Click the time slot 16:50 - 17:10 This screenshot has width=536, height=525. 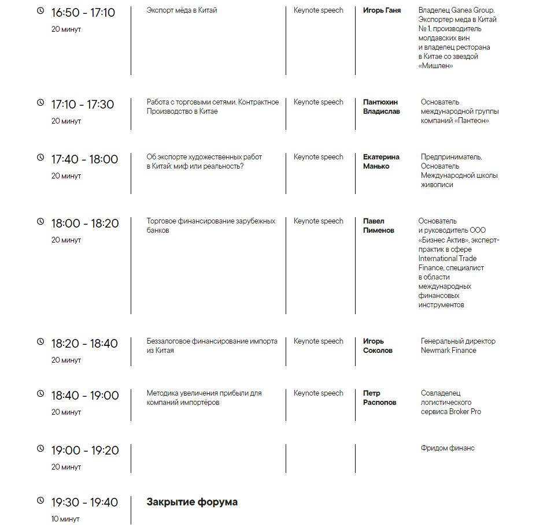tap(83, 13)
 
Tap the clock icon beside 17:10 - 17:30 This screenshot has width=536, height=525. tap(40, 102)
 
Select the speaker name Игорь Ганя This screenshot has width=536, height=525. tap(382, 10)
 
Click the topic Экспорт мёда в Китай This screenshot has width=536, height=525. tap(182, 10)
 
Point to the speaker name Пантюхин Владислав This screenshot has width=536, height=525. tap(381, 107)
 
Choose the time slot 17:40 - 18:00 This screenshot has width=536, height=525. tap(84, 159)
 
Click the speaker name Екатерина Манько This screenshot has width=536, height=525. tap(381, 162)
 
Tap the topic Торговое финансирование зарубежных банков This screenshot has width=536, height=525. tap(210, 226)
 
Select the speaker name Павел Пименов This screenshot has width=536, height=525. tap(378, 226)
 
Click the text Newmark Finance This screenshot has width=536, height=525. tap(448, 351)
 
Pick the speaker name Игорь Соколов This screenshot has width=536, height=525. tap(378, 346)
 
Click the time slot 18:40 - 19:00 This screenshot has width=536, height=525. tap(84, 396)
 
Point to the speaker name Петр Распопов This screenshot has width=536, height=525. tap(379, 398)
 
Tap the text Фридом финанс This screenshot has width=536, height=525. tap(447, 448)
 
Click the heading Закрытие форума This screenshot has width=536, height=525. tap(192, 502)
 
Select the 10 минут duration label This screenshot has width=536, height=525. tap(66, 519)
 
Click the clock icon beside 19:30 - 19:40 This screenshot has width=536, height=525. tap(40, 500)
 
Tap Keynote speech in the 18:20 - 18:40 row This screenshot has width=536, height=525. tap(318, 341)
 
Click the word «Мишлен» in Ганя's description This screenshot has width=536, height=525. tap(435, 66)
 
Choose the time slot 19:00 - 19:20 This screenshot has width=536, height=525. tap(84, 450)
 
